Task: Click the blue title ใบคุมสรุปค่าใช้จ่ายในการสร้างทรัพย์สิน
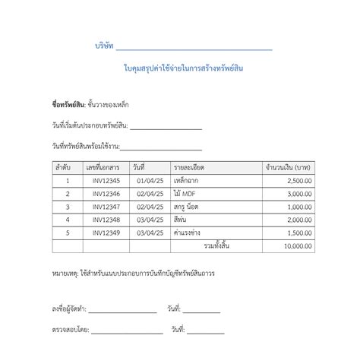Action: pyautogui.click(x=183, y=69)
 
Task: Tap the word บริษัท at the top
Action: pyautogui.click(x=104, y=46)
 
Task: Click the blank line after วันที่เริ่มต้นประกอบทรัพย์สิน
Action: pyautogui.click(x=166, y=127)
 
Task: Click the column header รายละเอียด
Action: pyautogui.click(x=189, y=167)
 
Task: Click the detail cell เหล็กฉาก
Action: pyautogui.click(x=187, y=180)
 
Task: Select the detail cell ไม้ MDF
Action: pyautogui.click(x=184, y=194)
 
